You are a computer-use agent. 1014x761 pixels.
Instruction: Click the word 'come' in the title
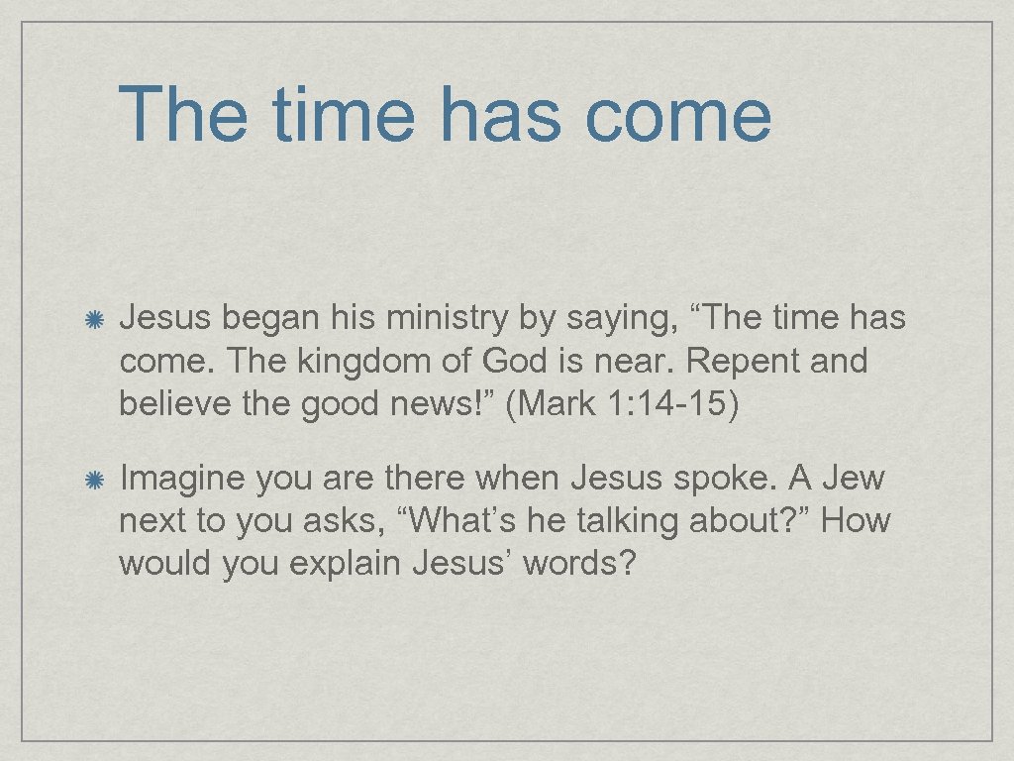[x=678, y=114]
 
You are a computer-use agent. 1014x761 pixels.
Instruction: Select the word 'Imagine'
[x=181, y=480]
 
